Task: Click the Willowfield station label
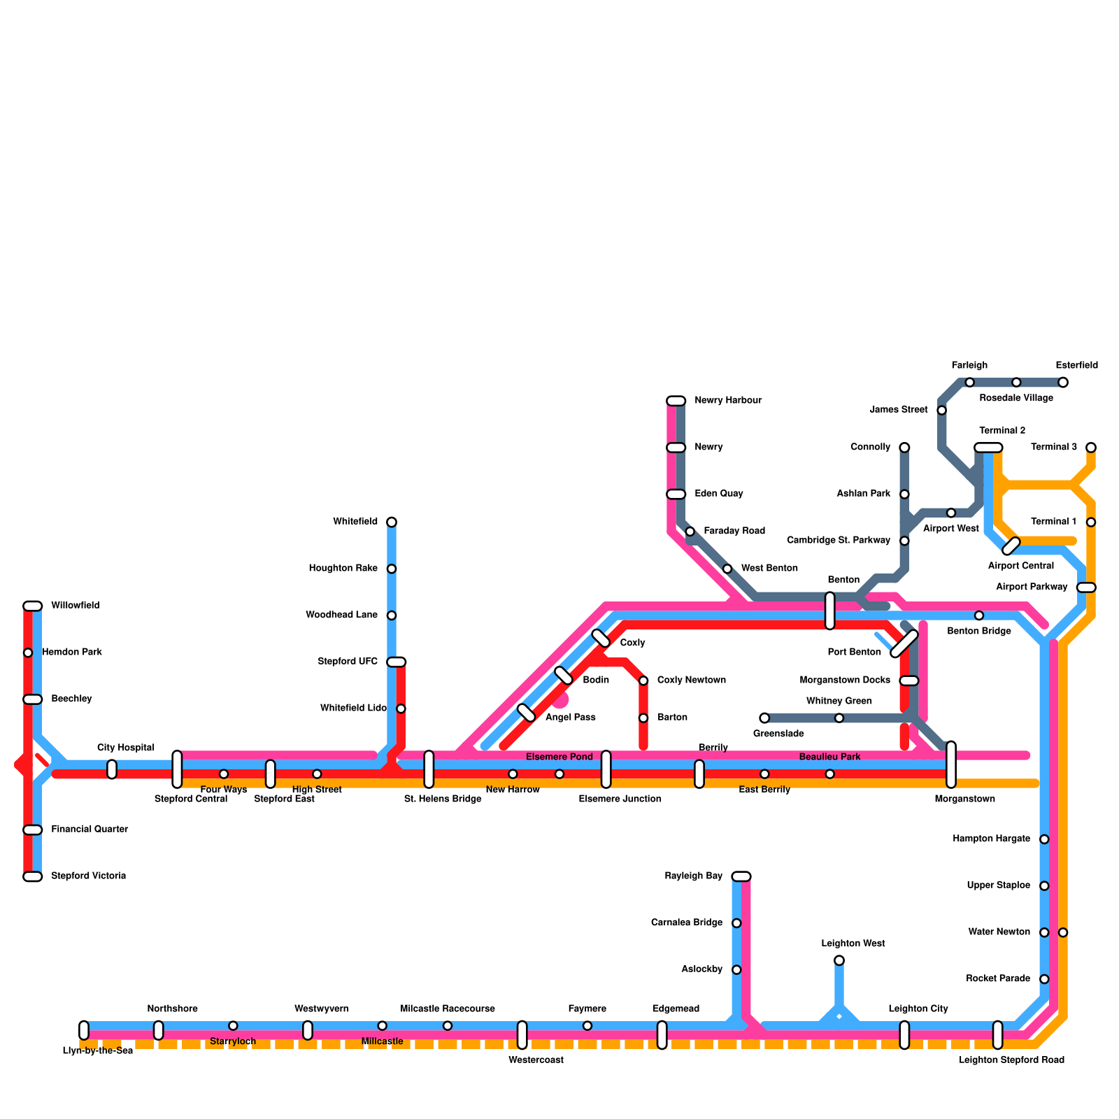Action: pos(75,606)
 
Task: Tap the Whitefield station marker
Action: pos(392,522)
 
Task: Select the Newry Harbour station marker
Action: pos(676,401)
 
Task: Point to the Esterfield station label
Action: pos(1076,365)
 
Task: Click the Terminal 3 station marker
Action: pos(1091,448)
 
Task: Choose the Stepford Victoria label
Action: pos(88,876)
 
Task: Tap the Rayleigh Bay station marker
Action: pos(741,876)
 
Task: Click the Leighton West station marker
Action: pos(839,960)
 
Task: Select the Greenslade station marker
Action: pos(764,718)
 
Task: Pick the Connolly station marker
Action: pos(904,448)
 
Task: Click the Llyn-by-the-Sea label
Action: pos(97,1051)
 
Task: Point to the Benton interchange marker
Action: pos(830,611)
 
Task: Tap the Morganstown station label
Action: pos(964,799)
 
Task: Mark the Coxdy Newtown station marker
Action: pos(643,680)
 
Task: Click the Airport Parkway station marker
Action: pos(1086,587)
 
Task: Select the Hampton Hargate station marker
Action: pos(1044,839)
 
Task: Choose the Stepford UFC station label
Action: pos(347,662)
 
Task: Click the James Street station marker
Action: pos(942,410)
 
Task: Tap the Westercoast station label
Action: pos(536,1060)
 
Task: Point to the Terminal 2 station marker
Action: pos(988,448)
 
